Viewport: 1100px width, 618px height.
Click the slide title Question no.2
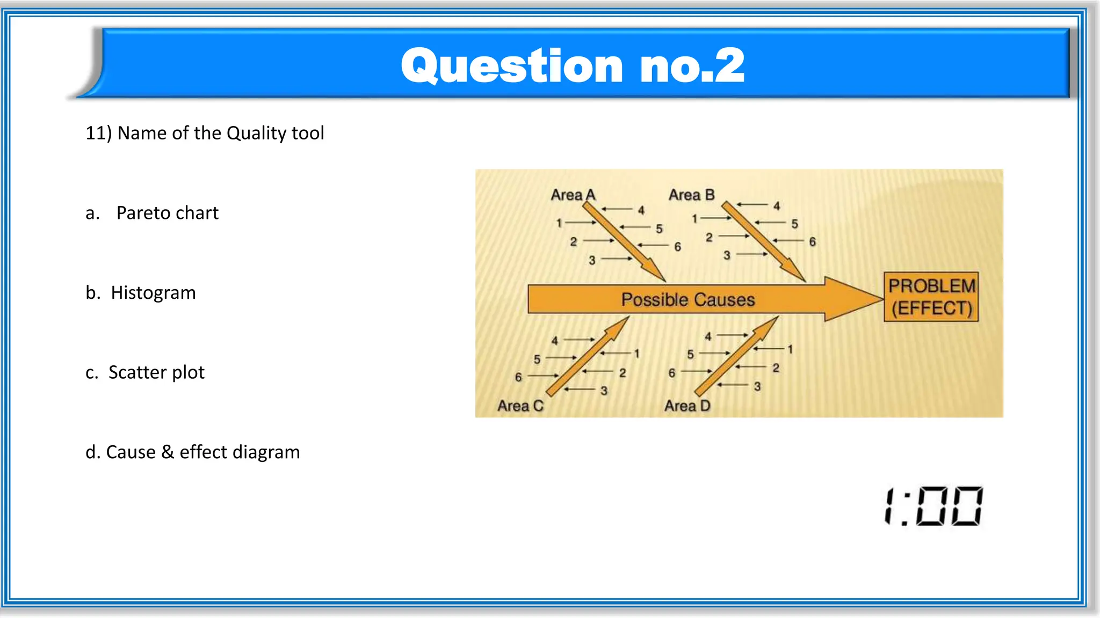click(x=573, y=65)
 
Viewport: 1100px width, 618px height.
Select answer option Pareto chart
click(x=167, y=213)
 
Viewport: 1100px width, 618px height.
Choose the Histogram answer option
click(x=153, y=293)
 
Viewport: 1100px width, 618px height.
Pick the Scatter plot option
click(x=156, y=372)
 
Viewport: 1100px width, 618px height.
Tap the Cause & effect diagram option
click(x=202, y=452)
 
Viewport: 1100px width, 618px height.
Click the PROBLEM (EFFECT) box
click(x=931, y=297)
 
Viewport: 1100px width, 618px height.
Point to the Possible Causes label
click(x=688, y=299)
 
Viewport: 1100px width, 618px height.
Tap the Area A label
click(x=573, y=195)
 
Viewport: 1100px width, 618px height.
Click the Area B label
click(x=691, y=195)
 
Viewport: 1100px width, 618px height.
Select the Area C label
click(x=520, y=406)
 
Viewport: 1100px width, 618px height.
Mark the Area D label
click(x=687, y=406)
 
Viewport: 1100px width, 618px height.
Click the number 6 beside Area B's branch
click(x=812, y=242)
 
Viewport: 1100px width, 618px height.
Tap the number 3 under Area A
click(x=592, y=261)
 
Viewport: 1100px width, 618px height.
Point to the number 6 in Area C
click(x=518, y=377)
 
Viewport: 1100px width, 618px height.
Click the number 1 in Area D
click(x=790, y=349)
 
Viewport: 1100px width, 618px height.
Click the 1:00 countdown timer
click(x=933, y=506)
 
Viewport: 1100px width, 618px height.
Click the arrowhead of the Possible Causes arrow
click(x=854, y=299)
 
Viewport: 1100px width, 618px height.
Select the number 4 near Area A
click(x=641, y=210)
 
